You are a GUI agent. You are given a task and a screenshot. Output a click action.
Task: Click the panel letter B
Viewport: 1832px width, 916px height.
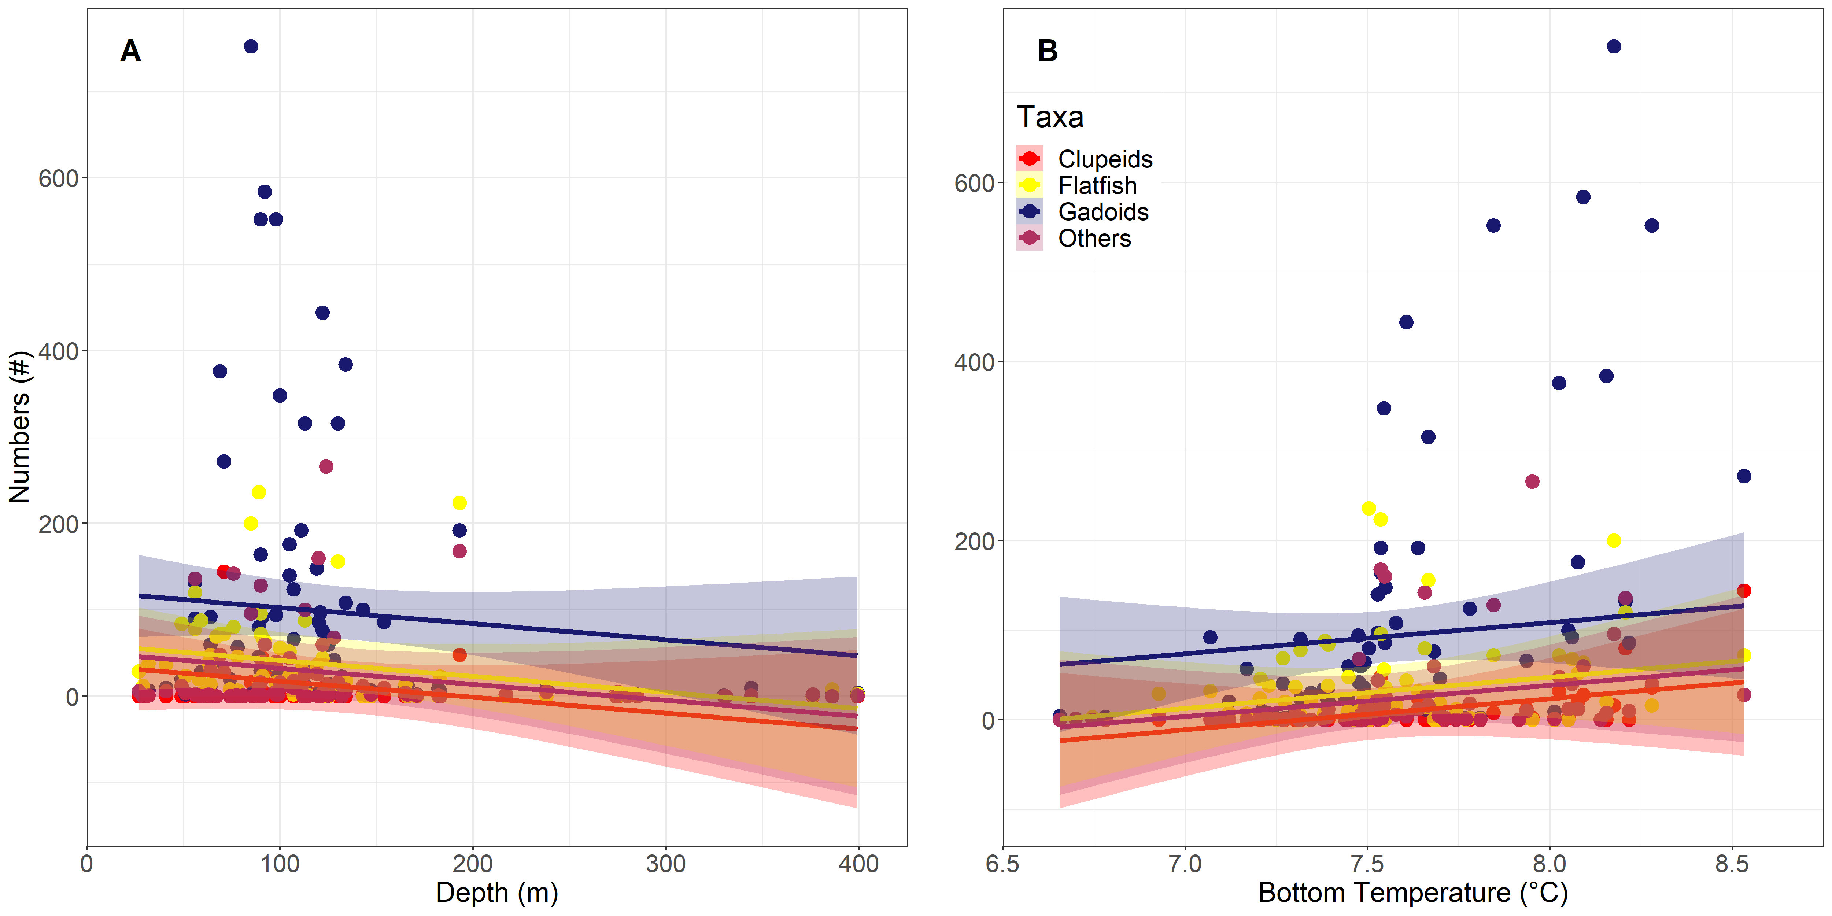[x=1048, y=51]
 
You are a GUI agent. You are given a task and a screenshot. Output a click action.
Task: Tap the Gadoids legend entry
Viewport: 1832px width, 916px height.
[x=1103, y=212]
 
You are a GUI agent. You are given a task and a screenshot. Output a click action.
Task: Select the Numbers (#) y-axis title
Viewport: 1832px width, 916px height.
[x=20, y=427]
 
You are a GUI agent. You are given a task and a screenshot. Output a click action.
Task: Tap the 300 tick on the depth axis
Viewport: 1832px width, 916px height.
[x=666, y=864]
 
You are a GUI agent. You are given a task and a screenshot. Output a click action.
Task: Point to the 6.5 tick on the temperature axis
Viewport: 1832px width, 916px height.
[x=1003, y=864]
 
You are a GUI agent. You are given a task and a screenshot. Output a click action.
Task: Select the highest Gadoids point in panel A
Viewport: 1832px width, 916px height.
[x=251, y=46]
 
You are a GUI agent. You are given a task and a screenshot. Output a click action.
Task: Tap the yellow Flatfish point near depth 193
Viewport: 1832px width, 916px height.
[x=459, y=503]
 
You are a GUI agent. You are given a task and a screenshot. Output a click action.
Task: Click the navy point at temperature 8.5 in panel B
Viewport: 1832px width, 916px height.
[x=1744, y=476]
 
